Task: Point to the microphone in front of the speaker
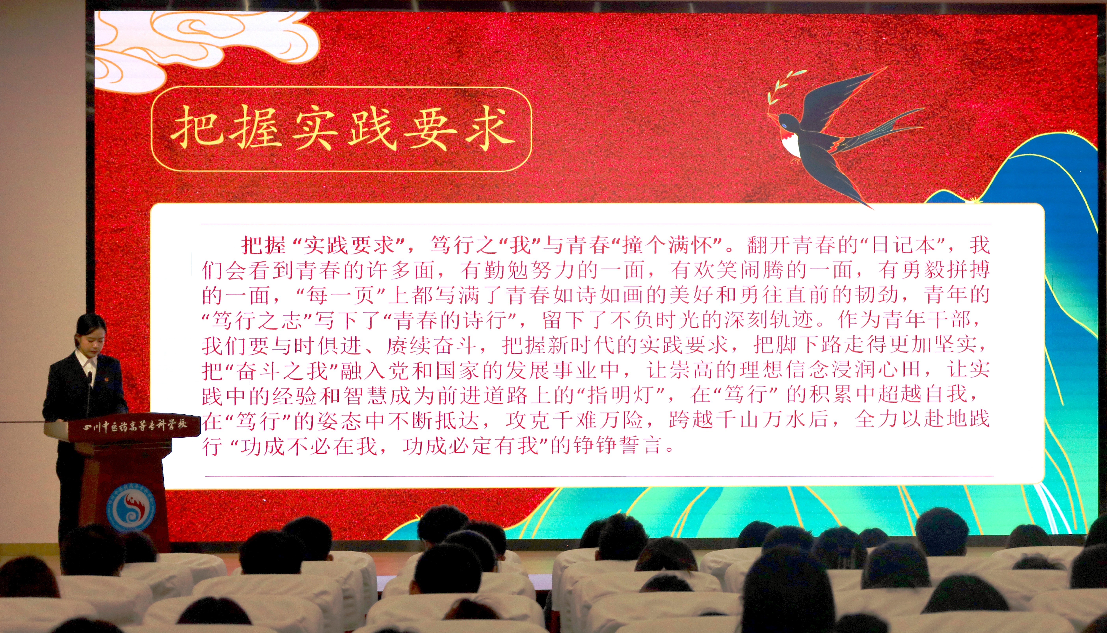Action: coord(89,391)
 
